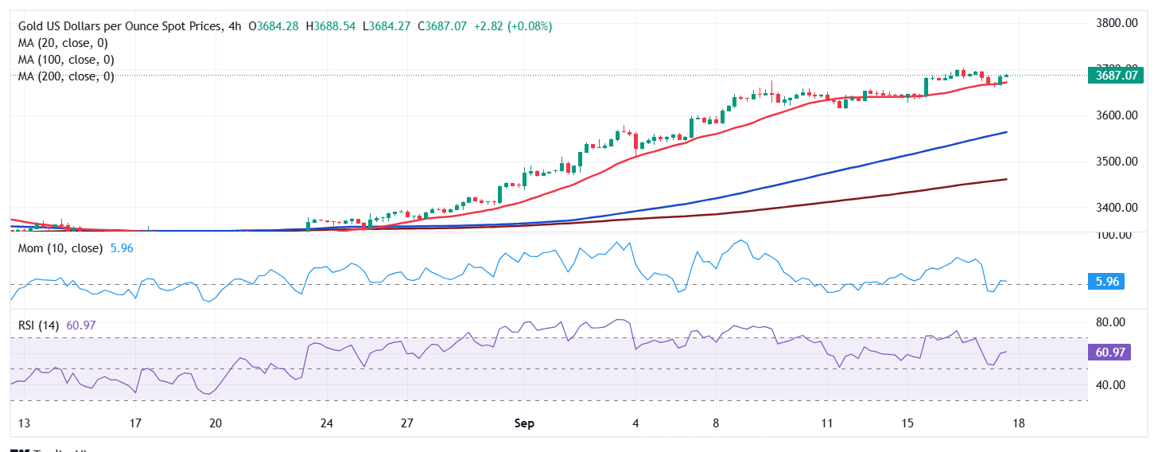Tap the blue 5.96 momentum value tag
coord(1106,282)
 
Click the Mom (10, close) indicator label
coord(60,248)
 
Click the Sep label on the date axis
coord(524,423)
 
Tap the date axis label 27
coord(406,423)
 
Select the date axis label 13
coord(24,423)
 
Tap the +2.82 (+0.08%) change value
coord(512,26)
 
